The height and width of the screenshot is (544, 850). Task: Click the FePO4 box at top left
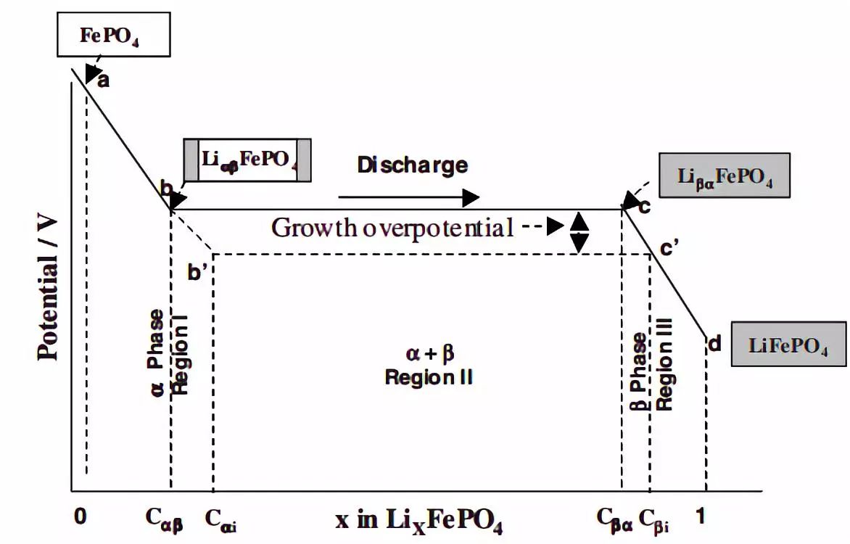click(x=113, y=37)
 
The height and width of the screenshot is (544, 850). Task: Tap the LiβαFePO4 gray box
click(x=724, y=176)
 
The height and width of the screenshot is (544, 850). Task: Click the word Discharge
click(x=412, y=165)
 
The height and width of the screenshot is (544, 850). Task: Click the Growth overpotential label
click(x=392, y=227)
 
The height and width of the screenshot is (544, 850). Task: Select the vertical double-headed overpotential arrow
click(x=579, y=232)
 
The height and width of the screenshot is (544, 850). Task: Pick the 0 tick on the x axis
click(x=80, y=516)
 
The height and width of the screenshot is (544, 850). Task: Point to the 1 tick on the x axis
click(x=700, y=516)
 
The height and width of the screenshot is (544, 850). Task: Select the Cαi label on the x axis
click(x=220, y=519)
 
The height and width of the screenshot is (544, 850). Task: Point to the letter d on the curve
click(x=714, y=343)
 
